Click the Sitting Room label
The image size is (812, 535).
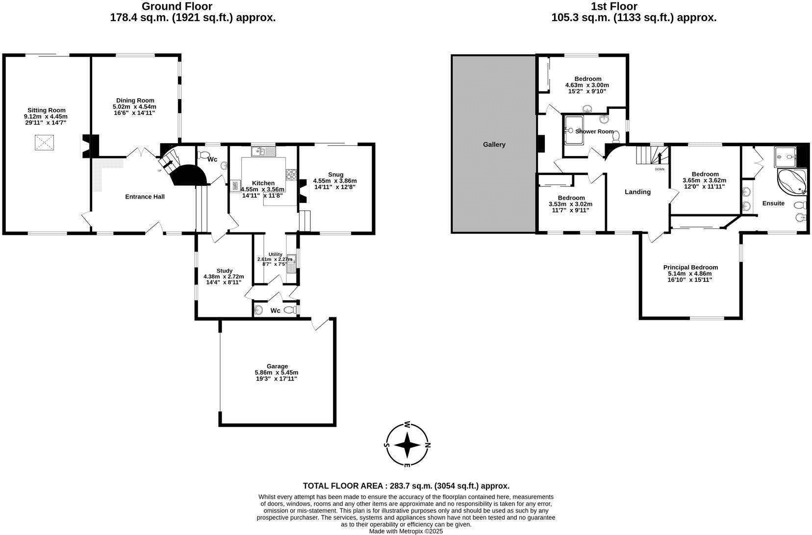46,110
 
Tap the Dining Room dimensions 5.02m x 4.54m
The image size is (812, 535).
135,106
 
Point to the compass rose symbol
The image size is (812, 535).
406,445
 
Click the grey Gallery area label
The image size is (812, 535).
494,145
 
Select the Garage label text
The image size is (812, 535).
277,366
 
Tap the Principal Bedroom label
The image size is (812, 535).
690,267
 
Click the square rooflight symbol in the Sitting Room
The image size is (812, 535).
44,143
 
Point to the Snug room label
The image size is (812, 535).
335,175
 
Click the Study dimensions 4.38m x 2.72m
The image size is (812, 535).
224,277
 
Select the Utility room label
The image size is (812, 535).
275,254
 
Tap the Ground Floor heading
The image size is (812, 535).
177,6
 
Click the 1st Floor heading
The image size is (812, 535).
613,6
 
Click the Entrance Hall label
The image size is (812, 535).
145,197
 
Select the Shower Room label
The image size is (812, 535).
594,131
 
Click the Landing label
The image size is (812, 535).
637,192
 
